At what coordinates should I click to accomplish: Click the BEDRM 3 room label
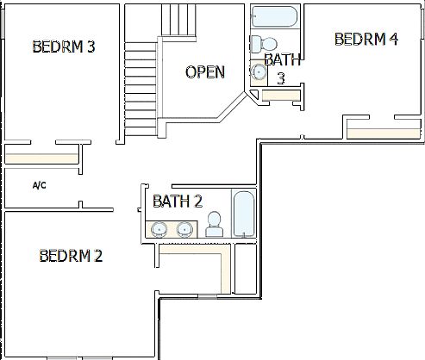63,47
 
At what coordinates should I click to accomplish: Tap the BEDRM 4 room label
366,39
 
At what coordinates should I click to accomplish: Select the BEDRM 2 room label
71,256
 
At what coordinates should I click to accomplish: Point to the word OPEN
205,72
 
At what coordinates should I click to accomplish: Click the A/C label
39,185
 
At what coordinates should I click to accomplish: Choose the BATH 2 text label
178,202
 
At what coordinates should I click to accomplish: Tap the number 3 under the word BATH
280,78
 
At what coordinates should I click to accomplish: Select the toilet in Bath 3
266,44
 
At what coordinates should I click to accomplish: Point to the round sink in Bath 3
259,72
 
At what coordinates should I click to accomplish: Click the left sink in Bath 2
159,229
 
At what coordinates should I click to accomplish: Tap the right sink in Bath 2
184,229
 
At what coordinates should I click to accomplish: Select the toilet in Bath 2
215,226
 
